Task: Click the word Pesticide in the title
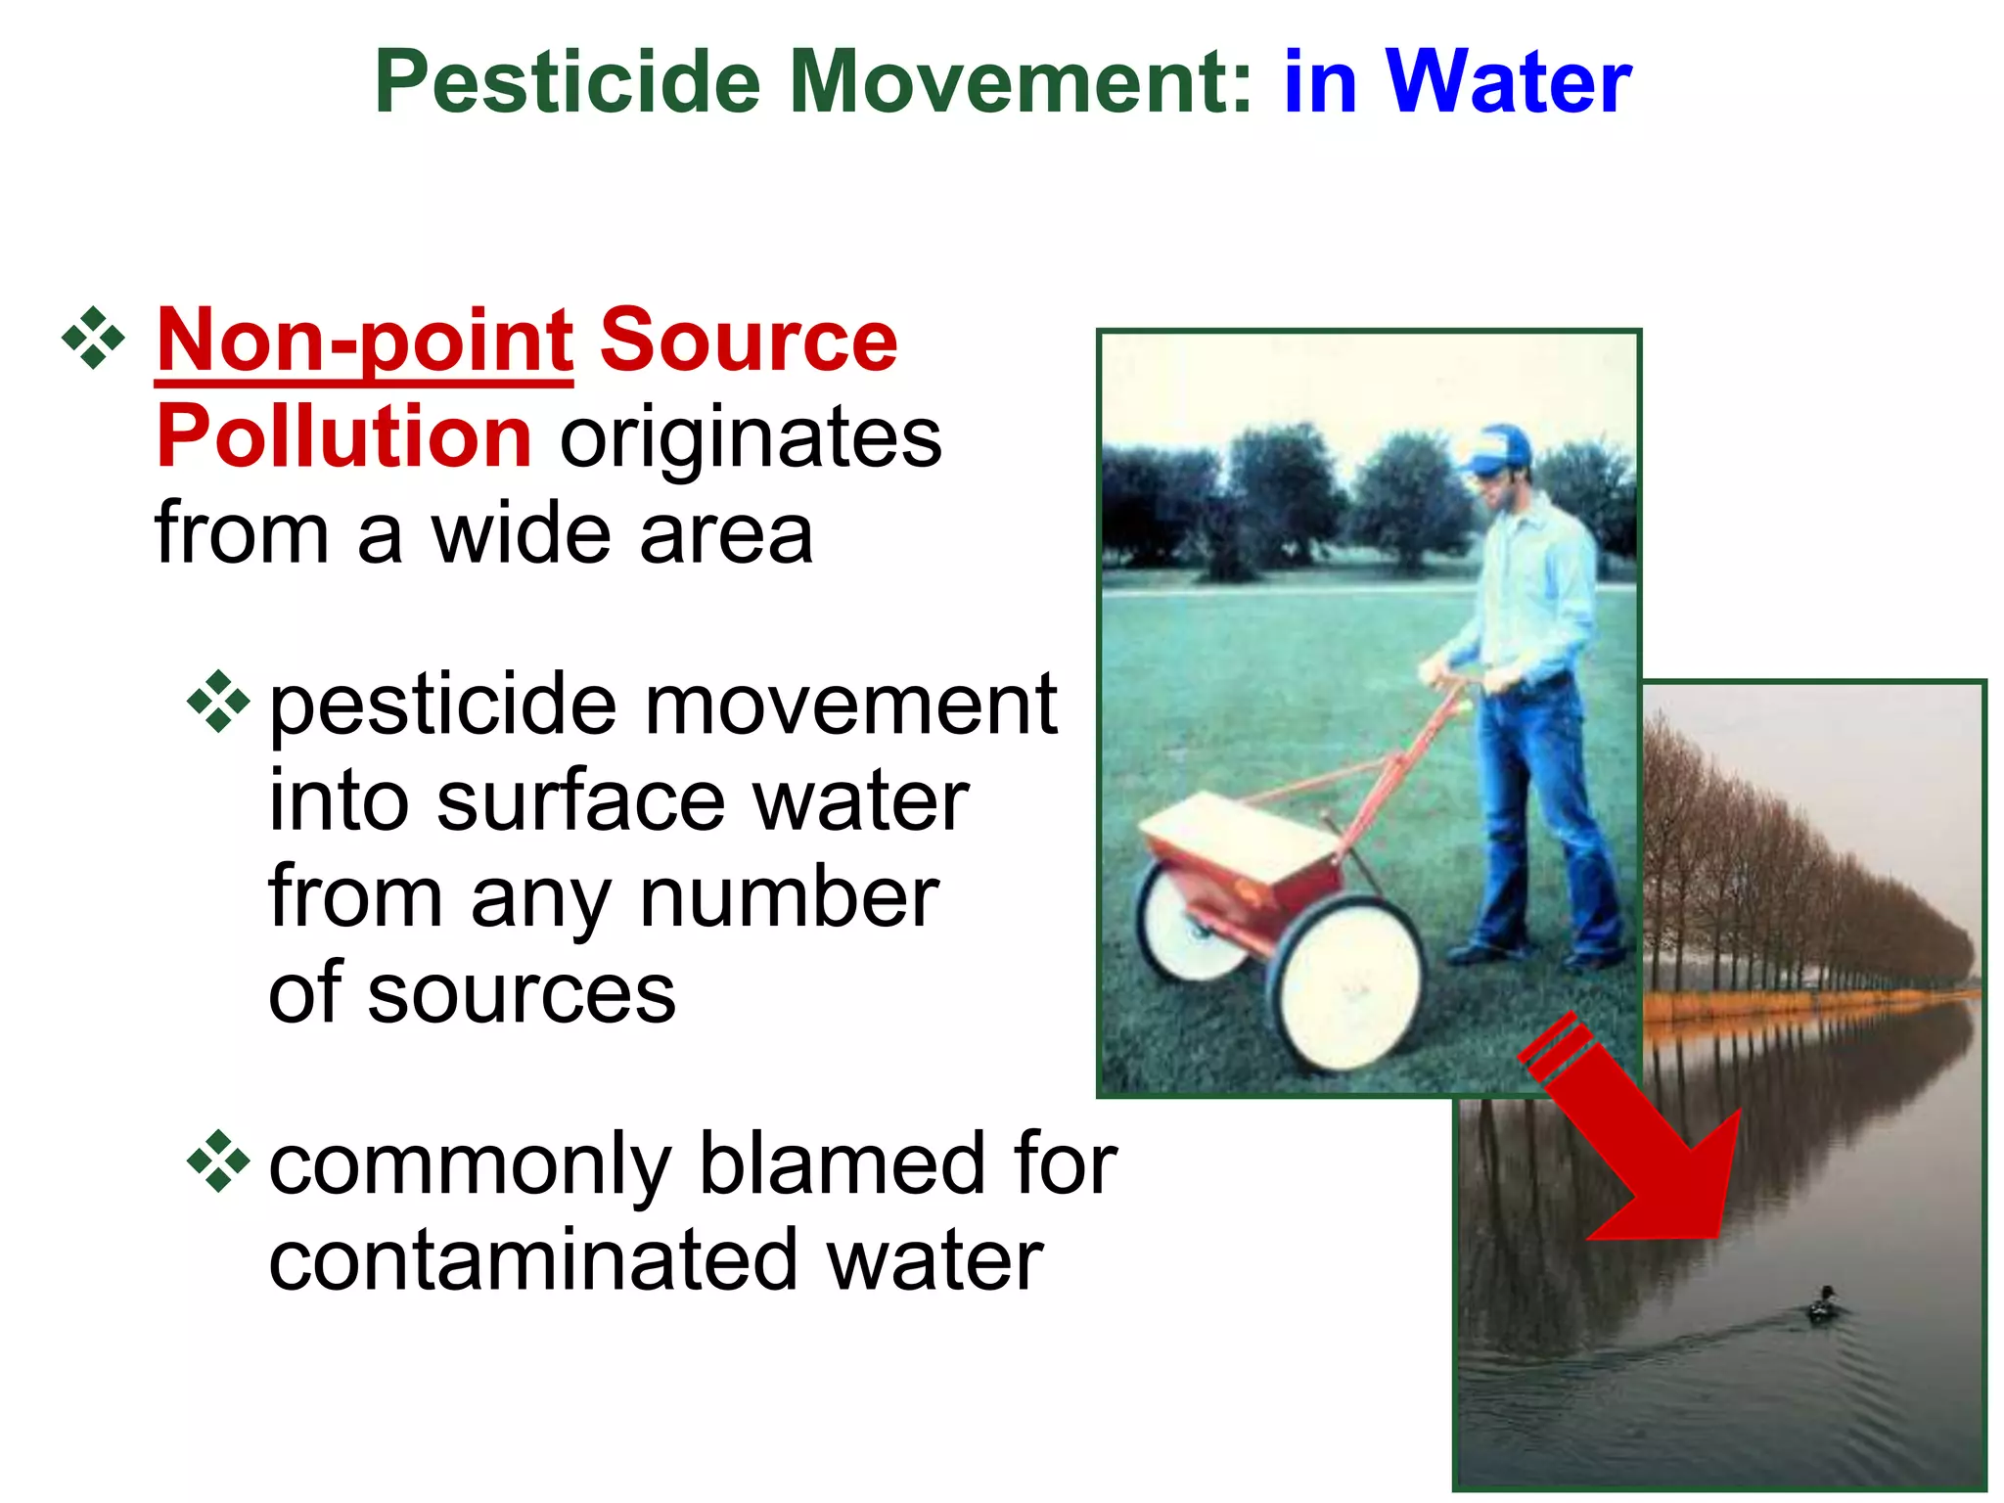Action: tap(568, 83)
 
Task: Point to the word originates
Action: tap(751, 438)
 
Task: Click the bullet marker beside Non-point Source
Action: tap(93, 339)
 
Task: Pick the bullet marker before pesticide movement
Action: tap(218, 702)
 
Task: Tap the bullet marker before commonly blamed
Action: tap(218, 1161)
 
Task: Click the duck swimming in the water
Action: tap(1823, 1304)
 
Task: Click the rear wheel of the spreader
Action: tap(1186, 920)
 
